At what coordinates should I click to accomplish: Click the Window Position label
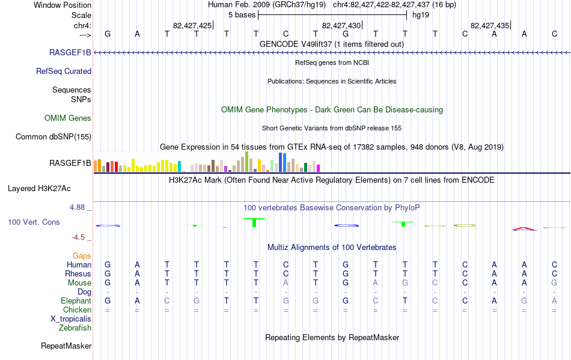click(63, 5)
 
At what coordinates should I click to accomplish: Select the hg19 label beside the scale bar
click(421, 15)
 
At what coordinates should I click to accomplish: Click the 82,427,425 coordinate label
click(192, 25)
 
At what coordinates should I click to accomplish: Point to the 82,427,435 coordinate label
click(490, 25)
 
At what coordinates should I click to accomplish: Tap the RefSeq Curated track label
click(64, 72)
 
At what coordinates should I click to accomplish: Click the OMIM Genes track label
click(68, 118)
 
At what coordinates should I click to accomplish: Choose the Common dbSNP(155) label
click(53, 137)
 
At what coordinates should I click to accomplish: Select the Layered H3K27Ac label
click(39, 189)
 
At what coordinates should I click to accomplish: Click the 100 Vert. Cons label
click(34, 222)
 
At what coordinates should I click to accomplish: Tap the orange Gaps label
click(82, 255)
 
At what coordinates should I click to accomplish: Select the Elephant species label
click(76, 301)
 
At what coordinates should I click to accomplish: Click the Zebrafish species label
click(75, 328)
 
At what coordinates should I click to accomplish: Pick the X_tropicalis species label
click(71, 319)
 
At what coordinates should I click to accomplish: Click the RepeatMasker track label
click(66, 346)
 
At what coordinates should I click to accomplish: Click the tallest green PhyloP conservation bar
click(254, 222)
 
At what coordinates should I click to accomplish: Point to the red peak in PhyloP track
click(524, 228)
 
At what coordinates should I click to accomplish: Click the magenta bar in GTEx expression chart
click(319, 168)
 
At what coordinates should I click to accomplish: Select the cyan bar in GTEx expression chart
click(180, 166)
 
